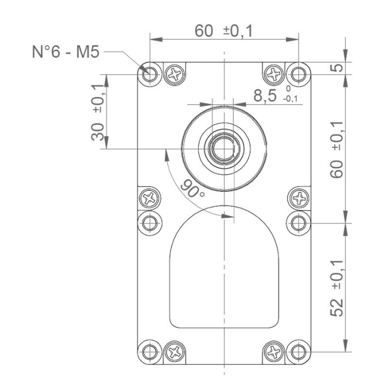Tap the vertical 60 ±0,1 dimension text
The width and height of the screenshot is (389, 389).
pos(336,149)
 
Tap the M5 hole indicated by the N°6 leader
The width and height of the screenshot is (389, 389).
pos(149,73)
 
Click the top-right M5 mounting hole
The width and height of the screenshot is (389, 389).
pos(299,73)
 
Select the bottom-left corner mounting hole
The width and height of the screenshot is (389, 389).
pos(149,351)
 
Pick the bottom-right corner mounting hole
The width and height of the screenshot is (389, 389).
pos(299,351)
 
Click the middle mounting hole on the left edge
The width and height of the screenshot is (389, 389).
pos(149,223)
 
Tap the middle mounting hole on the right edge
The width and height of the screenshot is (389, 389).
pos(299,223)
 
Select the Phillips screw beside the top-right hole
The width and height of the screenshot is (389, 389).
pos(273,73)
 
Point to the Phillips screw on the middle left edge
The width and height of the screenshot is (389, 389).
pos(149,197)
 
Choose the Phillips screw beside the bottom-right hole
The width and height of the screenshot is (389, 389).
pos(273,351)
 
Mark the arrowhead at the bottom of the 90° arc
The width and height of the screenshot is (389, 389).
pos(225,217)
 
